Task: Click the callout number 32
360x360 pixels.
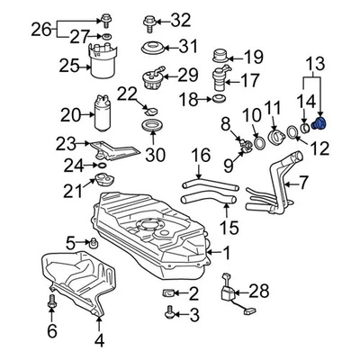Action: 181,20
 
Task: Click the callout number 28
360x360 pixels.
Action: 260,290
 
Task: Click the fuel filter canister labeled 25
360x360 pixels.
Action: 106,67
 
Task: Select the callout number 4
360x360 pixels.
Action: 100,340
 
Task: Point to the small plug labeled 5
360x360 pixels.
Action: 90,243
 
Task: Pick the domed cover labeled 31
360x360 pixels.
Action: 149,47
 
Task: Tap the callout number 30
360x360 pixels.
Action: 156,155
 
